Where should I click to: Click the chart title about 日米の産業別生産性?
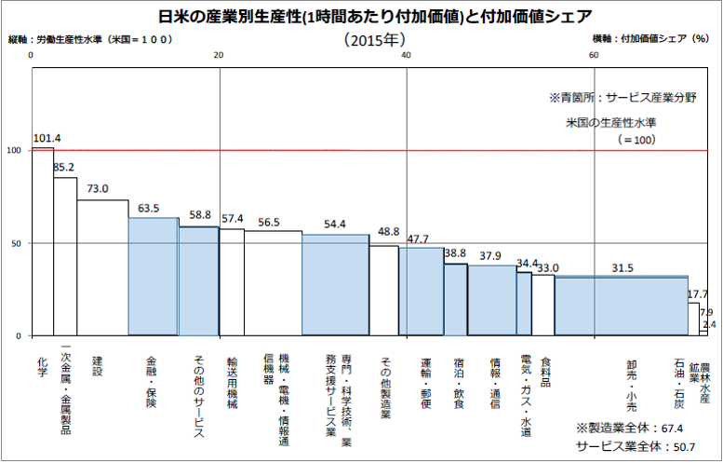point(361,16)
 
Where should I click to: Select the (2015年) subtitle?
point(373,40)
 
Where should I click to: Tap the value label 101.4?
point(47,139)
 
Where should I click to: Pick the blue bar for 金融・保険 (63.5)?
point(153,277)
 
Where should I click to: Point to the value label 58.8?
point(200,215)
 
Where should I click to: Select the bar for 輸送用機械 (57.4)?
point(232,281)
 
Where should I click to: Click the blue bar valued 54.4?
point(335,284)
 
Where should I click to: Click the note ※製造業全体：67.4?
point(630,429)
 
